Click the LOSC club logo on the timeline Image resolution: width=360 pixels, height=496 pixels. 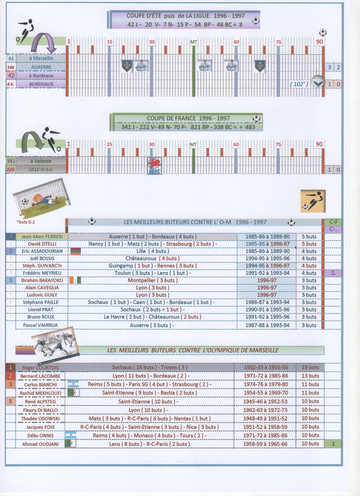[154, 166]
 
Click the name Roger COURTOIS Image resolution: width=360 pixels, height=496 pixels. [40, 367]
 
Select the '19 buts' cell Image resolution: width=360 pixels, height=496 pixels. [310, 367]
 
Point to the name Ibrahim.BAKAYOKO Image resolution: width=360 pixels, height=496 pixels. [42, 280]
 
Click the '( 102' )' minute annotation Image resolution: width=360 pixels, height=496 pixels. [299, 84]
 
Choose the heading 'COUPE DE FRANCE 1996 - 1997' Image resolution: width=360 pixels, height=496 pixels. [188, 118]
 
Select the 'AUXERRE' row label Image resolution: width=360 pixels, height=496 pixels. [41, 67]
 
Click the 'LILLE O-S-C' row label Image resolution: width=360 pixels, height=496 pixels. [41, 170]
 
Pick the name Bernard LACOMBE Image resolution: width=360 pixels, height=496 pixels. [40, 376]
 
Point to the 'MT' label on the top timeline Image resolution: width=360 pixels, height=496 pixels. [194, 42]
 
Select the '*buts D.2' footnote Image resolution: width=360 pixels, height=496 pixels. [26, 222]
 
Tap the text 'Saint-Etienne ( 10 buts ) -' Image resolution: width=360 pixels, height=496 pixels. [148, 402]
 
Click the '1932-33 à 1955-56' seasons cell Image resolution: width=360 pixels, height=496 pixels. [265, 367]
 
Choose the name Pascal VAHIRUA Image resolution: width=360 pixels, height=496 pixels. [40, 325]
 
